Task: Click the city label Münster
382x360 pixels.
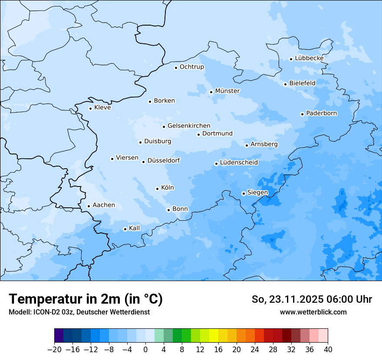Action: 227,91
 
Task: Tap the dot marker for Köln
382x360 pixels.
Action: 157,189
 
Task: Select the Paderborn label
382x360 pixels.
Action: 321,113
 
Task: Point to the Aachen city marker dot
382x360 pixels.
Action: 89,206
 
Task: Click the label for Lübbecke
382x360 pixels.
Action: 309,58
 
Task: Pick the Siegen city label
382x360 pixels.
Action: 257,193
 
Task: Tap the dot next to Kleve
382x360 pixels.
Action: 90,108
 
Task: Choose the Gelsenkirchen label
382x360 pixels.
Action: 189,126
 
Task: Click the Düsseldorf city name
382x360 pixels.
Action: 164,160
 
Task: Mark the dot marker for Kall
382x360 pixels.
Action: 125,229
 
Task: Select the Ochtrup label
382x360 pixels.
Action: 191,67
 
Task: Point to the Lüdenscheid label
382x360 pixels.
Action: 239,163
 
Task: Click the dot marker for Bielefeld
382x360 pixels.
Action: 285,84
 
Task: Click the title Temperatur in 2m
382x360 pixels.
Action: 86,299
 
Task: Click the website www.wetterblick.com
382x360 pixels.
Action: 313,312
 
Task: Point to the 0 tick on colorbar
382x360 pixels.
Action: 145,350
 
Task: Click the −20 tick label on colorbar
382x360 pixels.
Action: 55,350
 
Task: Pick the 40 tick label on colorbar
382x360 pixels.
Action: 328,350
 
